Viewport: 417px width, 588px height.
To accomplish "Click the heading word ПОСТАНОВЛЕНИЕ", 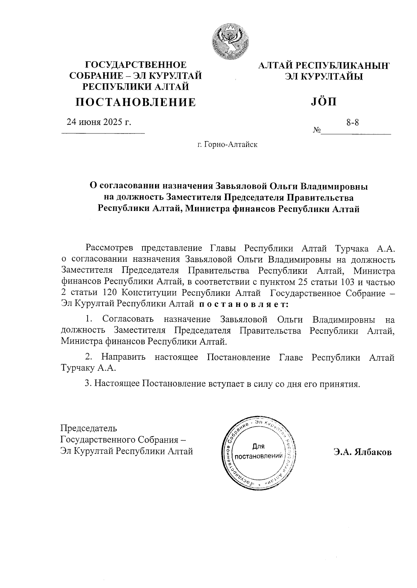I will tap(136, 102).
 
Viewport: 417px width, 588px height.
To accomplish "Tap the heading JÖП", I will tap(322, 102).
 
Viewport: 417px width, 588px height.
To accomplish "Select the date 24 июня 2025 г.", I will tap(99, 122).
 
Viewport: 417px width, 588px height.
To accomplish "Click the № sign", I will tap(317, 130).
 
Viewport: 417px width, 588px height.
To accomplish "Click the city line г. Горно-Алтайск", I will tap(227, 144).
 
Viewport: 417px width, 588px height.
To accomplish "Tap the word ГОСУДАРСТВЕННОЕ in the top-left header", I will tap(136, 65).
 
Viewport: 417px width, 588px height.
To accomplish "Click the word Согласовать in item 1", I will tap(128, 319).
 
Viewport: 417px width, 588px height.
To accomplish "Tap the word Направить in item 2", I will tap(123, 357).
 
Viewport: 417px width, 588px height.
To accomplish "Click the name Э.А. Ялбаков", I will tap(362, 452).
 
